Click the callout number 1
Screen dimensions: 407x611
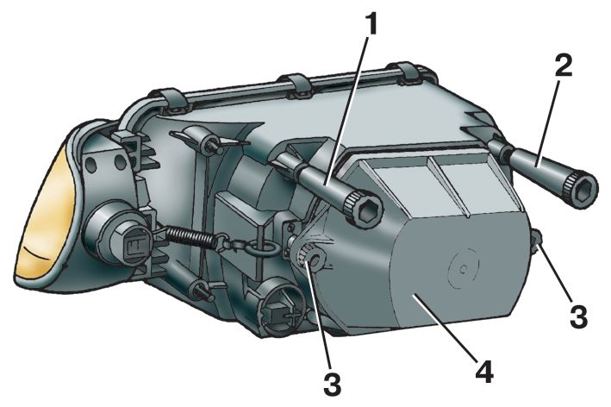click(x=372, y=27)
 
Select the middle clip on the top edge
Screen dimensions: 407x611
click(x=298, y=84)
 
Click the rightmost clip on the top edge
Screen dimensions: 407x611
click(x=408, y=73)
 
